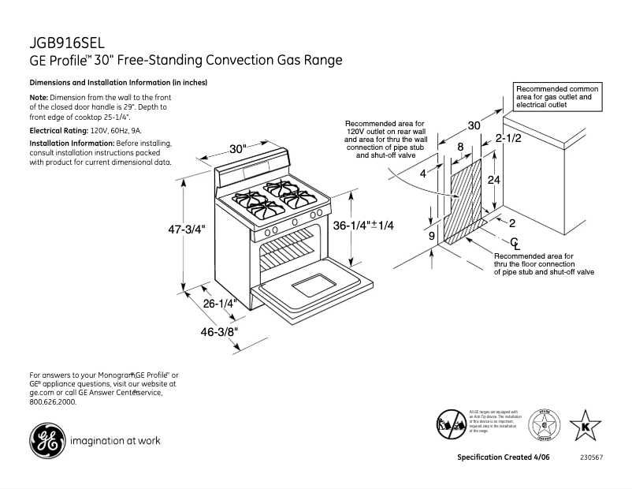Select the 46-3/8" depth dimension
coord(217,332)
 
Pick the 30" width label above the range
coord(238,149)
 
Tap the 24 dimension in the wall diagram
coord(493,180)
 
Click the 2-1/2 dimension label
coord(507,139)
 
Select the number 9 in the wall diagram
coord(431,235)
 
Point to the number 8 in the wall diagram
coord(460,147)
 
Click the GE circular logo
coord(47,440)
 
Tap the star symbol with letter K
coord(585,426)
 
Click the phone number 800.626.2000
coord(53,401)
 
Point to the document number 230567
coord(591,458)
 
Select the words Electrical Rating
coord(58,129)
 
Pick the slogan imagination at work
coord(115,441)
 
